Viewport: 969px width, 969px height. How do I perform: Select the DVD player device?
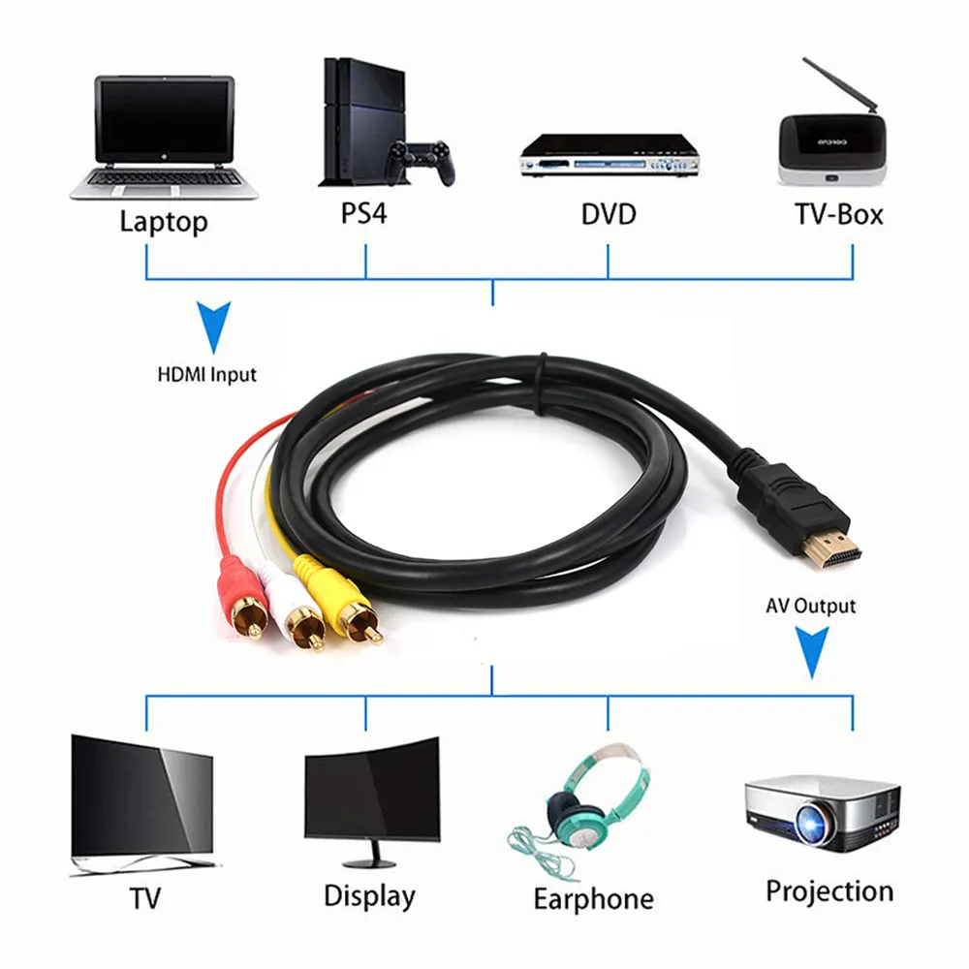click(x=608, y=155)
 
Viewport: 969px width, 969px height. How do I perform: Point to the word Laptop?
click(x=163, y=221)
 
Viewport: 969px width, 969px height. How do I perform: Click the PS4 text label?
click(x=363, y=213)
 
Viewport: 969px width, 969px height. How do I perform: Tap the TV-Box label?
click(x=839, y=213)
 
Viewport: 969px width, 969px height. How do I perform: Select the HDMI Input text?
click(x=206, y=373)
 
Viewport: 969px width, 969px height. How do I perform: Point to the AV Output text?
click(x=810, y=607)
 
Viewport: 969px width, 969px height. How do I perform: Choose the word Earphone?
click(x=593, y=898)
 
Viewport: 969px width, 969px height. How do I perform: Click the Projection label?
click(x=829, y=891)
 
